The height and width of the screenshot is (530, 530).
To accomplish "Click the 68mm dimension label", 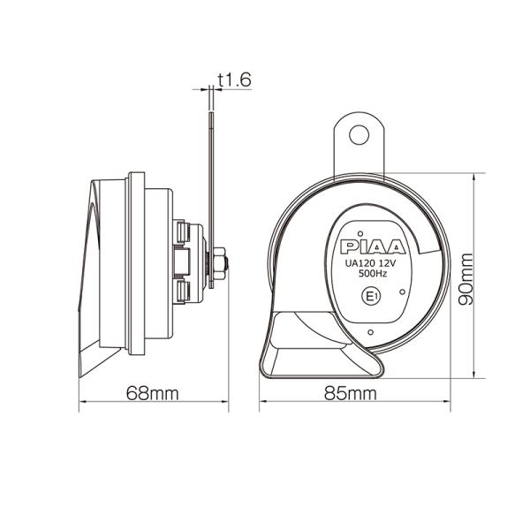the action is click(153, 393).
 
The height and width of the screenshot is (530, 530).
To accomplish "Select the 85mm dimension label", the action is click(351, 393).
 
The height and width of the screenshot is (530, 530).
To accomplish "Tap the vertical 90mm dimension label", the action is click(466, 279).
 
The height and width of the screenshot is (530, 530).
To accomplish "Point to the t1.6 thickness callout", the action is click(235, 80).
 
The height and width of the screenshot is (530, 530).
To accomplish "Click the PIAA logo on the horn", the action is click(373, 246).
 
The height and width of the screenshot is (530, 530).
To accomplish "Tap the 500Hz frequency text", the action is click(373, 274).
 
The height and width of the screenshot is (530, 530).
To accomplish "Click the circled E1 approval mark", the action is click(372, 297).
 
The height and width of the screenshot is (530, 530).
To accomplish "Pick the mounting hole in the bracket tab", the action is click(359, 135).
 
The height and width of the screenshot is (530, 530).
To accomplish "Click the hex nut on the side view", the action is click(219, 263).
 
